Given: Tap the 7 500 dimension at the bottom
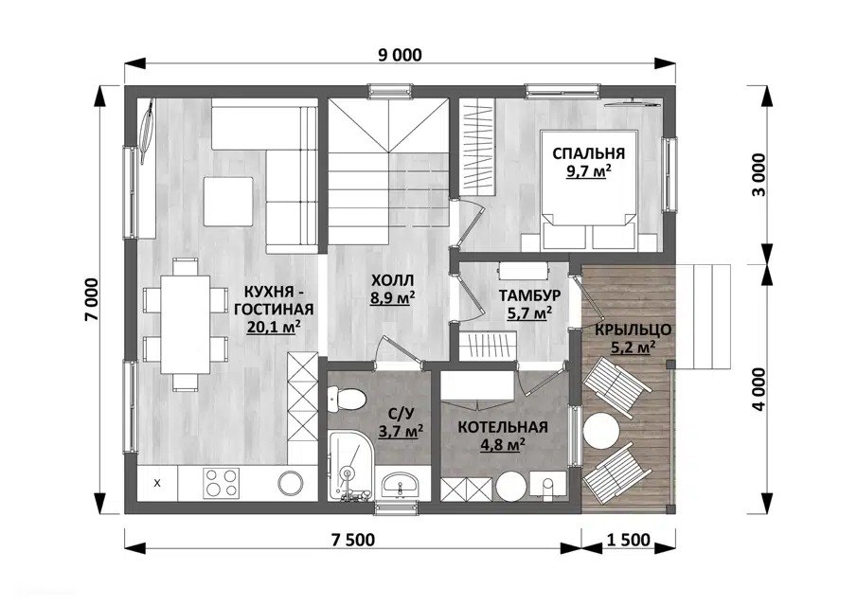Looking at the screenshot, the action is pos(353,540).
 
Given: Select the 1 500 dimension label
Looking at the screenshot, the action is pos(629,540).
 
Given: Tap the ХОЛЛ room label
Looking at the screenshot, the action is pos(392,280).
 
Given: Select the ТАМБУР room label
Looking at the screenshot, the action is pos(529,295).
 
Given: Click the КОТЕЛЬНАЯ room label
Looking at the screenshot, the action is pos(503,427).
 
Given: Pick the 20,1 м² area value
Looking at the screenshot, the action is pos(275,327).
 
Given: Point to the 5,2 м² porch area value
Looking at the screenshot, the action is pos(633,347).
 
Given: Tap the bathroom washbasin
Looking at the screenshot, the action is pos(401,484).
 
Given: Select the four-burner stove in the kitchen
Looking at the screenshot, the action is pos(221,483).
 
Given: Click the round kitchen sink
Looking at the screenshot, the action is pos(291,483).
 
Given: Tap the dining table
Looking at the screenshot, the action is pos(186,324).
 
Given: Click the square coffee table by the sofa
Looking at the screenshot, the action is pos(228,201).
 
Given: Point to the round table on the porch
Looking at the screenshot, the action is pos(601,430).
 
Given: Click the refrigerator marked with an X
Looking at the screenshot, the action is pos(157,483).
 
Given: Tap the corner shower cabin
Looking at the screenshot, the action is pos(349,465).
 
